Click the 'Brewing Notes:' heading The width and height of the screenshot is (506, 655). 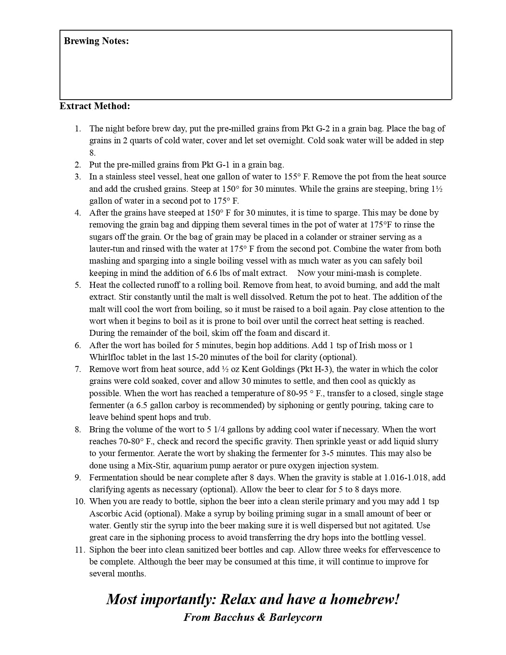96,41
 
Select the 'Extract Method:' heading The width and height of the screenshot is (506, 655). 95,106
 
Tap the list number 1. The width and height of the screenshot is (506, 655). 78,129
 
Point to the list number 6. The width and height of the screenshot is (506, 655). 78,345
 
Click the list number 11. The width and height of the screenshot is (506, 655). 80,550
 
